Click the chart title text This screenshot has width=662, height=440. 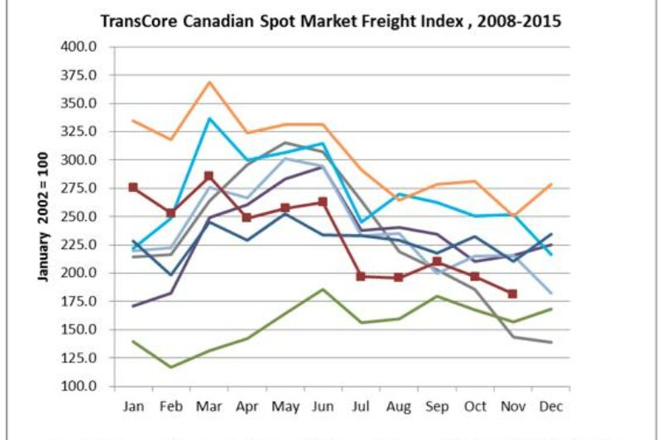click(331, 22)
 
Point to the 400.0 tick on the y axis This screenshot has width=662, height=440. click(80, 46)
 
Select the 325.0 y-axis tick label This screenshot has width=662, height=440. click(80, 132)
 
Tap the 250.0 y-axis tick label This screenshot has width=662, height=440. click(80, 217)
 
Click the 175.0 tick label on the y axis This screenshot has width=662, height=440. click(80, 302)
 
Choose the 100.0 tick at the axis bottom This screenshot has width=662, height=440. click(80, 386)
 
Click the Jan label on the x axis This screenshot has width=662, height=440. click(133, 407)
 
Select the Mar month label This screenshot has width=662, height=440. click(209, 407)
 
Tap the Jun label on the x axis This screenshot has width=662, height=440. click(323, 407)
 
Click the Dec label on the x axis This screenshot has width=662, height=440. click(550, 407)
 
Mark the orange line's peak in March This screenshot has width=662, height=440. click(209, 82)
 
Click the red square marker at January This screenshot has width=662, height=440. click(133, 188)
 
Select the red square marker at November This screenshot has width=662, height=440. click(512, 294)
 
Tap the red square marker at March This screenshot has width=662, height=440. click(209, 176)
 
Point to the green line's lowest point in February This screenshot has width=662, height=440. click(171, 367)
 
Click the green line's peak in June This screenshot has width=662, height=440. click(323, 289)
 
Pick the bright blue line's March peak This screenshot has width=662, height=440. click(209, 118)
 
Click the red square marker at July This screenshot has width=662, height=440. click(361, 276)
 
